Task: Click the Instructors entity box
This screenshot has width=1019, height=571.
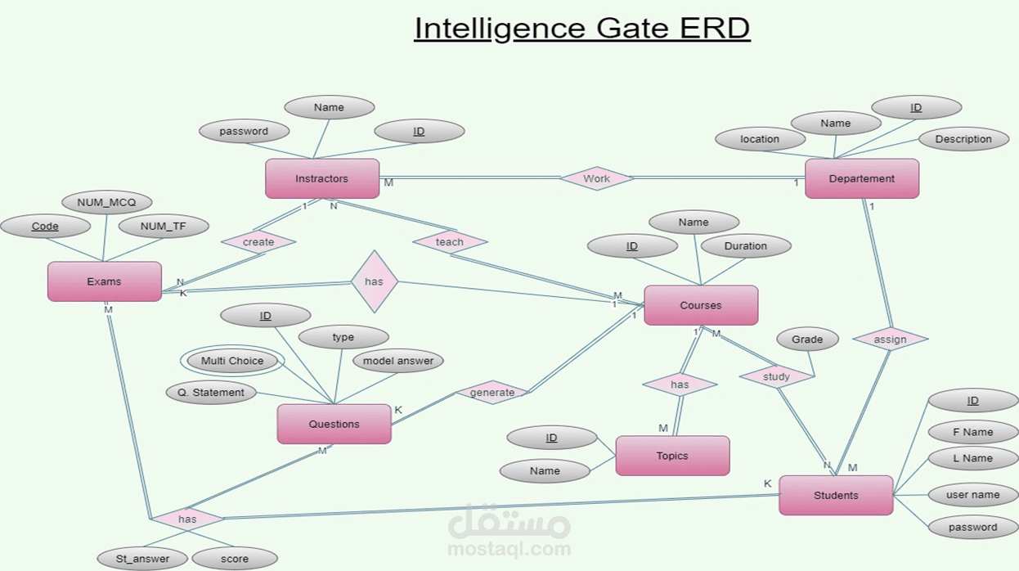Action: coord(322,178)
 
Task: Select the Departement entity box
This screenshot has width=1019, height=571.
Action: coord(862,178)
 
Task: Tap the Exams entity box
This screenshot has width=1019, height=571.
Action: coord(104,281)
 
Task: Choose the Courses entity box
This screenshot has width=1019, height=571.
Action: coord(701,305)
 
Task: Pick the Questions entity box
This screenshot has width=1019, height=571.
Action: coord(334,424)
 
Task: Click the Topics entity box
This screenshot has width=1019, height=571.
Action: coord(672,456)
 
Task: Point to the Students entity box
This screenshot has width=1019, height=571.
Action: coord(836,495)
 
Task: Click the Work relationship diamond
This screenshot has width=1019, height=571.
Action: coord(596,178)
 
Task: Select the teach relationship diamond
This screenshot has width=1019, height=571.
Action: coord(450,241)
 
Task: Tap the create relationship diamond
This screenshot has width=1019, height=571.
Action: coord(258,242)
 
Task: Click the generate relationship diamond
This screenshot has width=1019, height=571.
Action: coord(492,392)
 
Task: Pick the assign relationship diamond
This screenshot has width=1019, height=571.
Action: coord(890,339)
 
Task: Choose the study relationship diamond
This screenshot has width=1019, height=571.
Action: coord(776,376)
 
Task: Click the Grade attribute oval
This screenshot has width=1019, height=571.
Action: coord(807,339)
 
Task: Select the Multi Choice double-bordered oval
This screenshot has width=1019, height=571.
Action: coord(232,361)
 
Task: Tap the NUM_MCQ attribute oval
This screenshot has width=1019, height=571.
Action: coord(107,202)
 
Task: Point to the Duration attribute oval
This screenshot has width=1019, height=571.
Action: coord(745,245)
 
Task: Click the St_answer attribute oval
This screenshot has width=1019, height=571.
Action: coord(142,559)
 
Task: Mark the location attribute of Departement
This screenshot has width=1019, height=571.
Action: coord(760,139)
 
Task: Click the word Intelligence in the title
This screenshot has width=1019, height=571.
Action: coord(499,29)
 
